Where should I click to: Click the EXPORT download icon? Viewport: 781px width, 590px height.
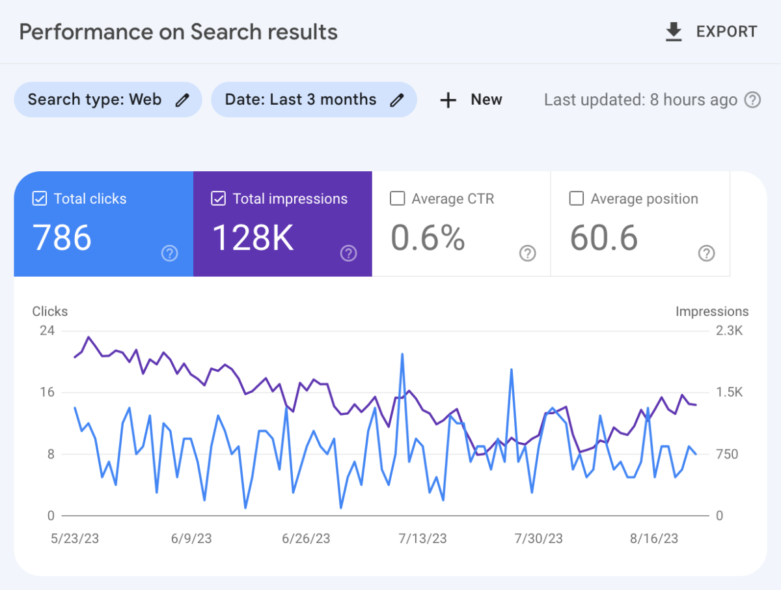pyautogui.click(x=674, y=32)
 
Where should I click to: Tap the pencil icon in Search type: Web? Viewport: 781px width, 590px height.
pyautogui.click(x=183, y=100)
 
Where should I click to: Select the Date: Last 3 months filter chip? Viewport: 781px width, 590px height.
pyautogui.click(x=314, y=100)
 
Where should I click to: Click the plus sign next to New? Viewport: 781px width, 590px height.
pyautogui.click(x=448, y=100)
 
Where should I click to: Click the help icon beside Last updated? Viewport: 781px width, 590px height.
pyautogui.click(x=752, y=100)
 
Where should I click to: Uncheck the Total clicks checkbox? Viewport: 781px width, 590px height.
pyautogui.click(x=40, y=199)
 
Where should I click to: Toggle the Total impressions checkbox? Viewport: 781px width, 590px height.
pyautogui.click(x=219, y=199)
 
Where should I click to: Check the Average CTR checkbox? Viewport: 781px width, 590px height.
pyautogui.click(x=397, y=199)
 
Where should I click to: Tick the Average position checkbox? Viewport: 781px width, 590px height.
pyautogui.click(x=576, y=199)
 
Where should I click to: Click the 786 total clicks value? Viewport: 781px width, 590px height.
pyautogui.click(x=62, y=238)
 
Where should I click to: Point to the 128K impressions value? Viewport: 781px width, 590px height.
pyautogui.click(x=253, y=238)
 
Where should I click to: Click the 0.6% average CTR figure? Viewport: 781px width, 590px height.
pyautogui.click(x=428, y=238)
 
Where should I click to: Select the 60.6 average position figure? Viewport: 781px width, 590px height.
pyautogui.click(x=604, y=238)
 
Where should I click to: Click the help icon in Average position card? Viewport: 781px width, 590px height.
pyautogui.click(x=706, y=253)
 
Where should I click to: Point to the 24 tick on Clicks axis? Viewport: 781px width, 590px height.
pyautogui.click(x=48, y=331)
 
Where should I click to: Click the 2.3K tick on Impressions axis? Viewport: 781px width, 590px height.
pyautogui.click(x=729, y=331)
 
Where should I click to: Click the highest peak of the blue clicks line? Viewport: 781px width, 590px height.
pyautogui.click(x=402, y=354)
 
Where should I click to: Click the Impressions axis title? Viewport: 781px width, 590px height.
pyautogui.click(x=712, y=311)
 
